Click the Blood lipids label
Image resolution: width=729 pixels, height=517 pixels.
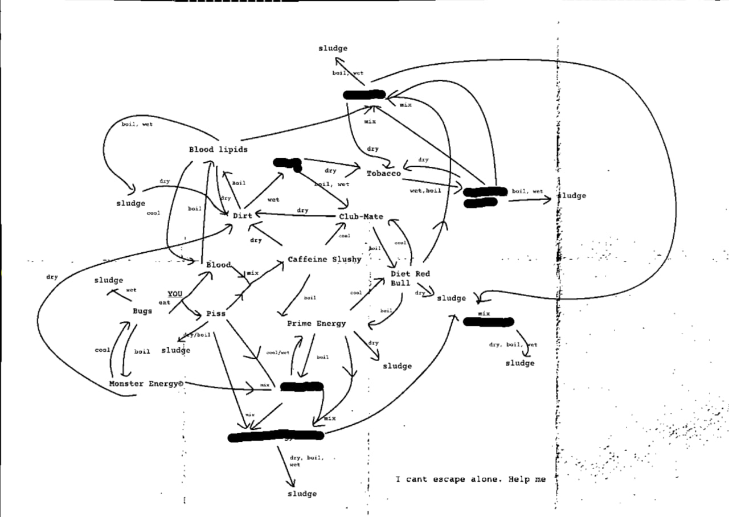click(x=218, y=150)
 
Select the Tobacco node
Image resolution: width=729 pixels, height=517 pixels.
click(x=383, y=173)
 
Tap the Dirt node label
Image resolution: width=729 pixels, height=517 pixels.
click(x=242, y=216)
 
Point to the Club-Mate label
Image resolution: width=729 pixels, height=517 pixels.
click(x=361, y=217)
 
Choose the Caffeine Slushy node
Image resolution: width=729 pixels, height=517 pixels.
click(x=324, y=260)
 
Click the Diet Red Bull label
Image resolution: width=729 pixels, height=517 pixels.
click(x=410, y=278)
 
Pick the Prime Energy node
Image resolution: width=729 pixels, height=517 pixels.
click(x=316, y=323)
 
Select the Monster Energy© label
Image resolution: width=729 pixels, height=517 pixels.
click(x=146, y=384)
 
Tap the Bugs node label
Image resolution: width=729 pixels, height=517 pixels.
click(x=142, y=311)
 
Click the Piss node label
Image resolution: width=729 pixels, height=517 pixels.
click(x=215, y=314)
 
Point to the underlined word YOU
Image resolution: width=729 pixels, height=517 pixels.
click(x=175, y=294)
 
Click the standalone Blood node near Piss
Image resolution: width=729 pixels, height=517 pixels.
click(x=218, y=265)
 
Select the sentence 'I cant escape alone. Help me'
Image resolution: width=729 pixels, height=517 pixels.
click(x=470, y=479)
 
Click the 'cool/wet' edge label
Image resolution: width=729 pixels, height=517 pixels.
click(x=278, y=352)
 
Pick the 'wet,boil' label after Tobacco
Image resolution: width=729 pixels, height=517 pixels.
click(x=425, y=191)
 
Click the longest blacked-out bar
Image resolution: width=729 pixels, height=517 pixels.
click(x=276, y=436)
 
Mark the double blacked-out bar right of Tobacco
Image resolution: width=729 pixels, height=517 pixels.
click(x=485, y=196)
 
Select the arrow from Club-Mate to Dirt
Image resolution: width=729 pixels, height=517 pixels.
click(x=296, y=215)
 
